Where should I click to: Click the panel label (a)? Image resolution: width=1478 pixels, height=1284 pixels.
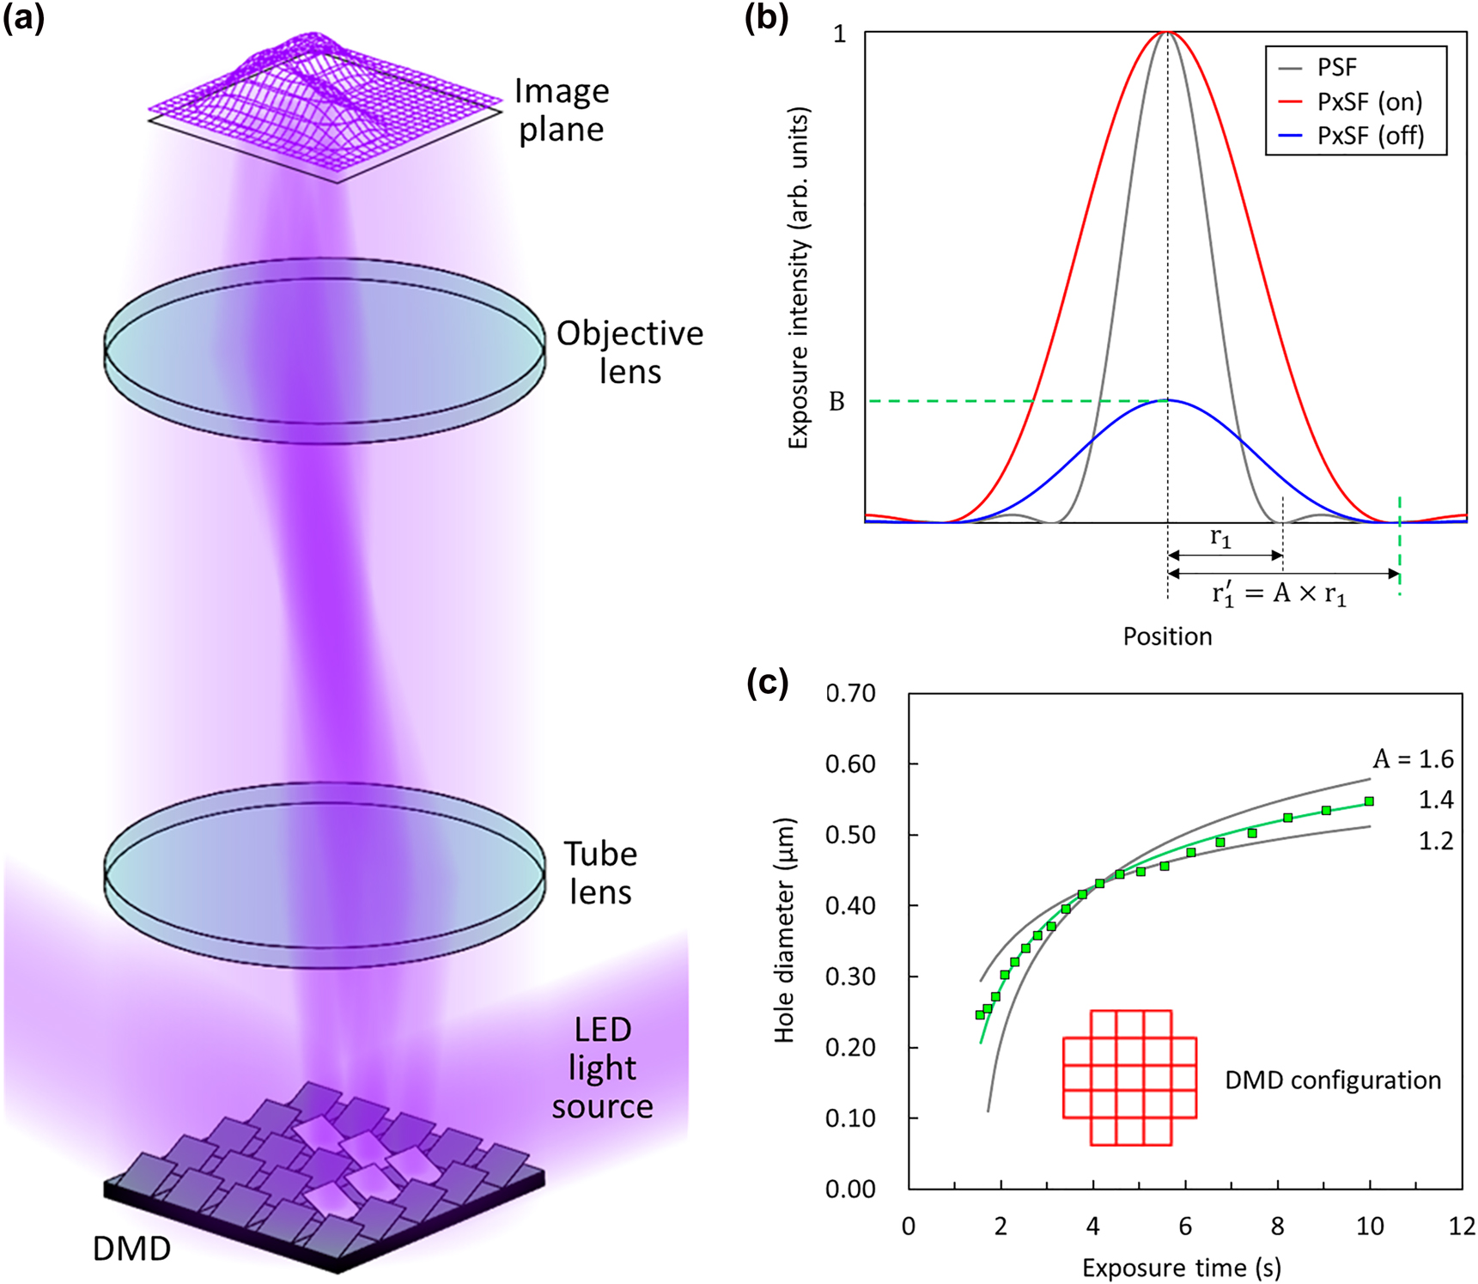pyautogui.click(x=23, y=18)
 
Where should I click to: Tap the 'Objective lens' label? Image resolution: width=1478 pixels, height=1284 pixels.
pyautogui.click(x=630, y=352)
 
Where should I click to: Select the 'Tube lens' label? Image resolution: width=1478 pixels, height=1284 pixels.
pyautogui.click(x=600, y=873)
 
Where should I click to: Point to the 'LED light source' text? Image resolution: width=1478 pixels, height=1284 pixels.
pyautogui.click(x=602, y=1068)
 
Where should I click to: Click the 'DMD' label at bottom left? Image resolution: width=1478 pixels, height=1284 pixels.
pyautogui.click(x=131, y=1248)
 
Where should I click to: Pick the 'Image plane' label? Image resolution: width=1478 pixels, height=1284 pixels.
pyautogui.click(x=562, y=110)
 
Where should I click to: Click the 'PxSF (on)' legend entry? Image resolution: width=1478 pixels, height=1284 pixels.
pyautogui.click(x=1369, y=101)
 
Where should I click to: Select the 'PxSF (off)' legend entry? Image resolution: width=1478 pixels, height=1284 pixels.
pyautogui.click(x=1370, y=136)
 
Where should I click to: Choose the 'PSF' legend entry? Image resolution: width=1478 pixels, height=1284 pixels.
pyautogui.click(x=1337, y=67)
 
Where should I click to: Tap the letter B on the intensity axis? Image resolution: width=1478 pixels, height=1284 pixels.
pyautogui.click(x=836, y=402)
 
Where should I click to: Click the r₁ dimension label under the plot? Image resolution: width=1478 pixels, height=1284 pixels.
pyautogui.click(x=1220, y=538)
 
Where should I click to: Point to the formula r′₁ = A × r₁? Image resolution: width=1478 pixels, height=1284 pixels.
pyautogui.click(x=1279, y=593)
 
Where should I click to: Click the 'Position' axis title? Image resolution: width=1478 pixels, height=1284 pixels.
pyautogui.click(x=1167, y=636)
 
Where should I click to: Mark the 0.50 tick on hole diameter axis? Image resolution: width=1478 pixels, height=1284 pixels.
pyautogui.click(x=850, y=835)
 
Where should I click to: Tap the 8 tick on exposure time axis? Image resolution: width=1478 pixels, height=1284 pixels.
pyautogui.click(x=1278, y=1226)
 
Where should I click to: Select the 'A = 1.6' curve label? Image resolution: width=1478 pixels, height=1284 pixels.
pyautogui.click(x=1413, y=759)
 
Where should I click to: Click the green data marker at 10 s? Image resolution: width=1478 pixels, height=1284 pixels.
pyautogui.click(x=1369, y=801)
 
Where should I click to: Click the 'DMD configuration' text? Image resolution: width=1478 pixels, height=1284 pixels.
pyautogui.click(x=1332, y=1080)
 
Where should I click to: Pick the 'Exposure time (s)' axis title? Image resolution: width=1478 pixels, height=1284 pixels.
pyautogui.click(x=1181, y=1268)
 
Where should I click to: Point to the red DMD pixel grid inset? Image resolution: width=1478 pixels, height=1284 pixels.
pyautogui.click(x=1129, y=1078)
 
